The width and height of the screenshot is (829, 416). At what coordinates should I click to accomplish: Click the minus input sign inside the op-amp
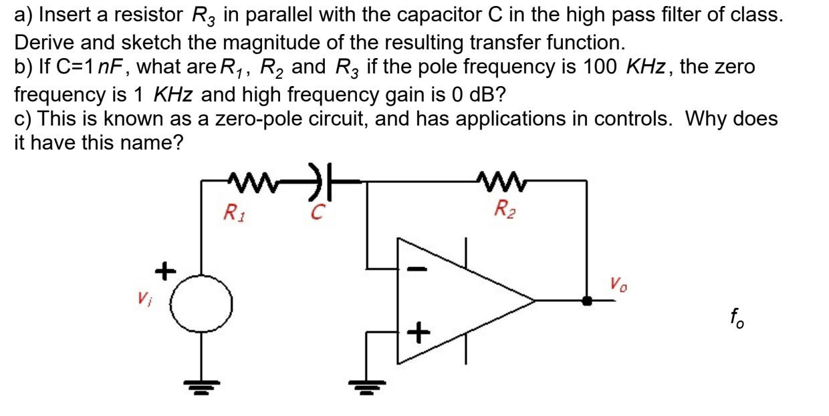point(416,270)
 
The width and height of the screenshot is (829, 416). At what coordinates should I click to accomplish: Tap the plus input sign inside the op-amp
point(417,332)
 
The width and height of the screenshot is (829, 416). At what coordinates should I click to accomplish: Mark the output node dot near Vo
point(587,301)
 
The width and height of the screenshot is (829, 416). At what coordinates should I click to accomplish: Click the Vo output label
point(618,283)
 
